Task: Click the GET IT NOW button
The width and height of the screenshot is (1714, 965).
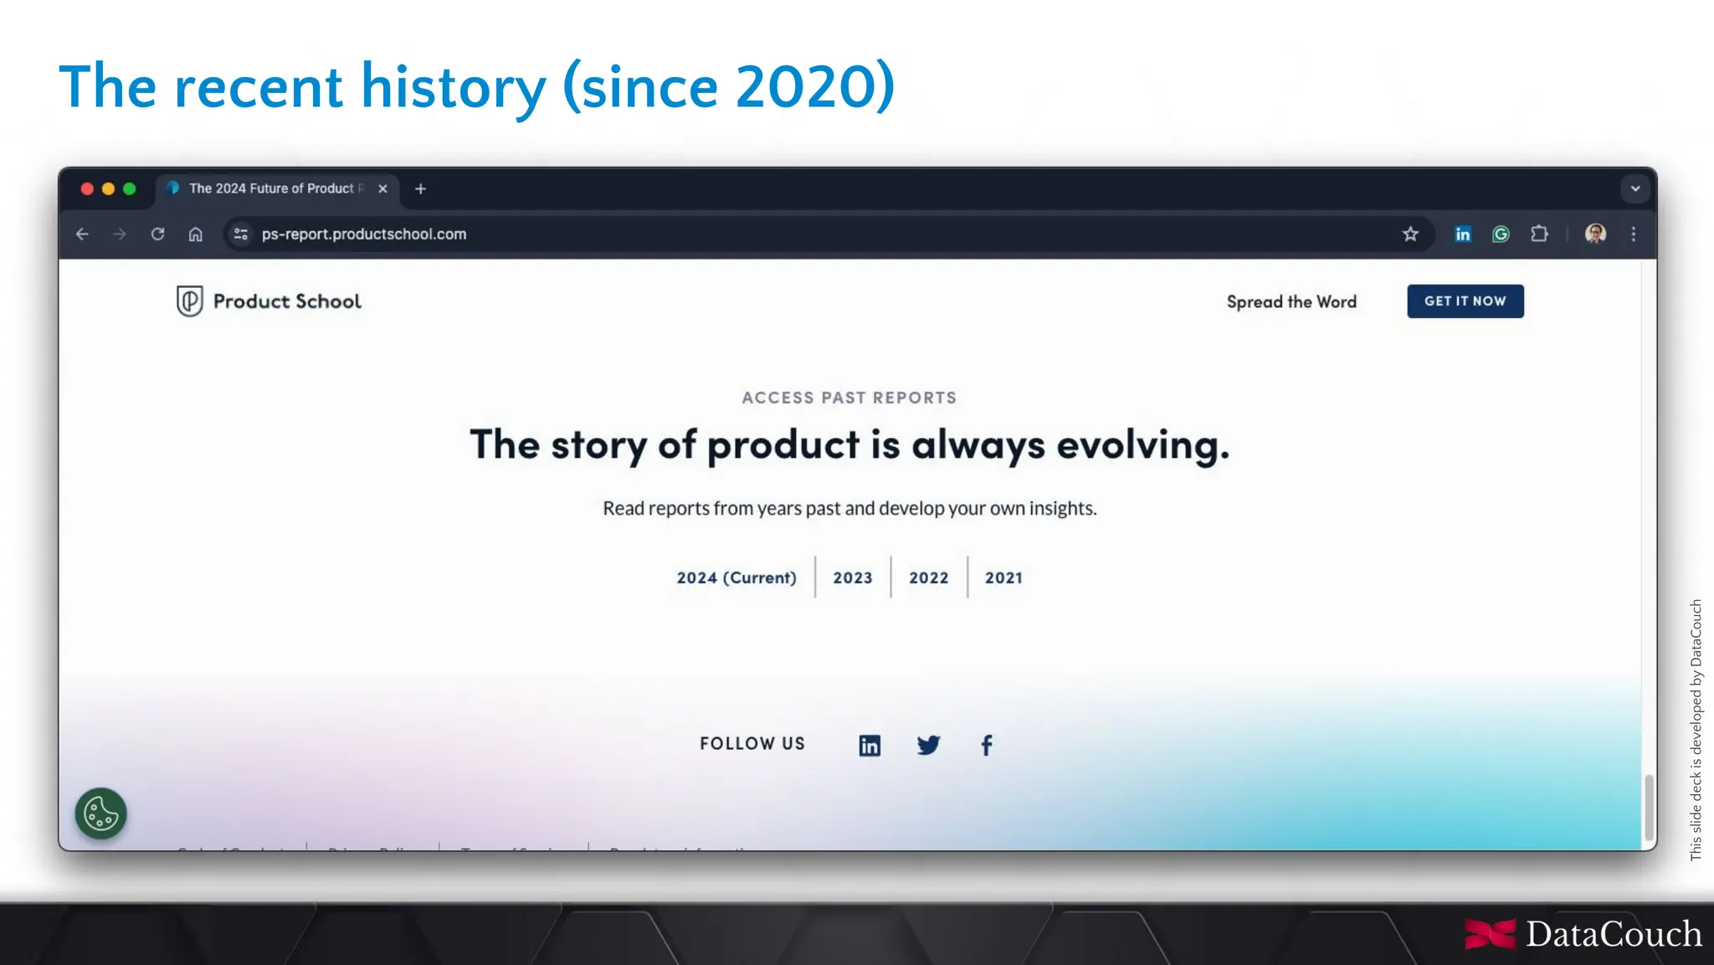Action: pyautogui.click(x=1465, y=301)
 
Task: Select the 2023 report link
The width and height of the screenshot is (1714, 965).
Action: pyautogui.click(x=852, y=577)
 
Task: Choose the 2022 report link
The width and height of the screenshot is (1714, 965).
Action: pyautogui.click(x=928, y=577)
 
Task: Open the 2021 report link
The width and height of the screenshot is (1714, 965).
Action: pyautogui.click(x=1003, y=577)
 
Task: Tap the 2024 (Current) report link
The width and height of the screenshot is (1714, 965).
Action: pyautogui.click(x=736, y=577)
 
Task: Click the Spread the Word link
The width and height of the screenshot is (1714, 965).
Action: pyautogui.click(x=1291, y=301)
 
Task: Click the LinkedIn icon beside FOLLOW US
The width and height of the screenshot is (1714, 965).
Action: pyautogui.click(x=870, y=745)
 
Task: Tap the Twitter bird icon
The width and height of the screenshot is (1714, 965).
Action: pyautogui.click(x=928, y=745)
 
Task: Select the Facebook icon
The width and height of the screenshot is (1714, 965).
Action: pyautogui.click(x=987, y=745)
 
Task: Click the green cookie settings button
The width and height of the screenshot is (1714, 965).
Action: pyautogui.click(x=101, y=814)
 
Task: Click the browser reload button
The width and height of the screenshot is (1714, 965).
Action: pyautogui.click(x=157, y=234)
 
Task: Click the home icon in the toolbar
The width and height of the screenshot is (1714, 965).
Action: pyautogui.click(x=195, y=234)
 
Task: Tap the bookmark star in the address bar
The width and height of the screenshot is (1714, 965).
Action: pyautogui.click(x=1410, y=234)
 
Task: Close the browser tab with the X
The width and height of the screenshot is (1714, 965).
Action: pyautogui.click(x=382, y=189)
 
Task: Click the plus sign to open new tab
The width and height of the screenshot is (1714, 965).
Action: pyautogui.click(x=420, y=189)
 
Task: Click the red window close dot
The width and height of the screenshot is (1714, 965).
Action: pyautogui.click(x=87, y=189)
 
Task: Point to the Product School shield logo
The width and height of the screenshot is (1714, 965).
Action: pyautogui.click(x=190, y=301)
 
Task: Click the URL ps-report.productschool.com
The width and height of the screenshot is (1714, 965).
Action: pyautogui.click(x=364, y=234)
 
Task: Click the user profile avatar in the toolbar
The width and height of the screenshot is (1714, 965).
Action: pyautogui.click(x=1595, y=234)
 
